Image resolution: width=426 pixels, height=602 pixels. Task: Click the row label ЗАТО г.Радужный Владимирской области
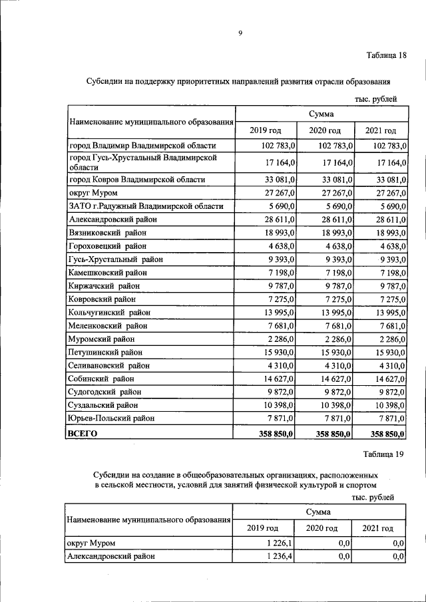[146, 206]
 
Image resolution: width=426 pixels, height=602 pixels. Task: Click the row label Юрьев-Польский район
[111, 418]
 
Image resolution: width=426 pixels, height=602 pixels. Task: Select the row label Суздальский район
[103, 404]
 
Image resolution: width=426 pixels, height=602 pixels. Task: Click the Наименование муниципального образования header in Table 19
[147, 520]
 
